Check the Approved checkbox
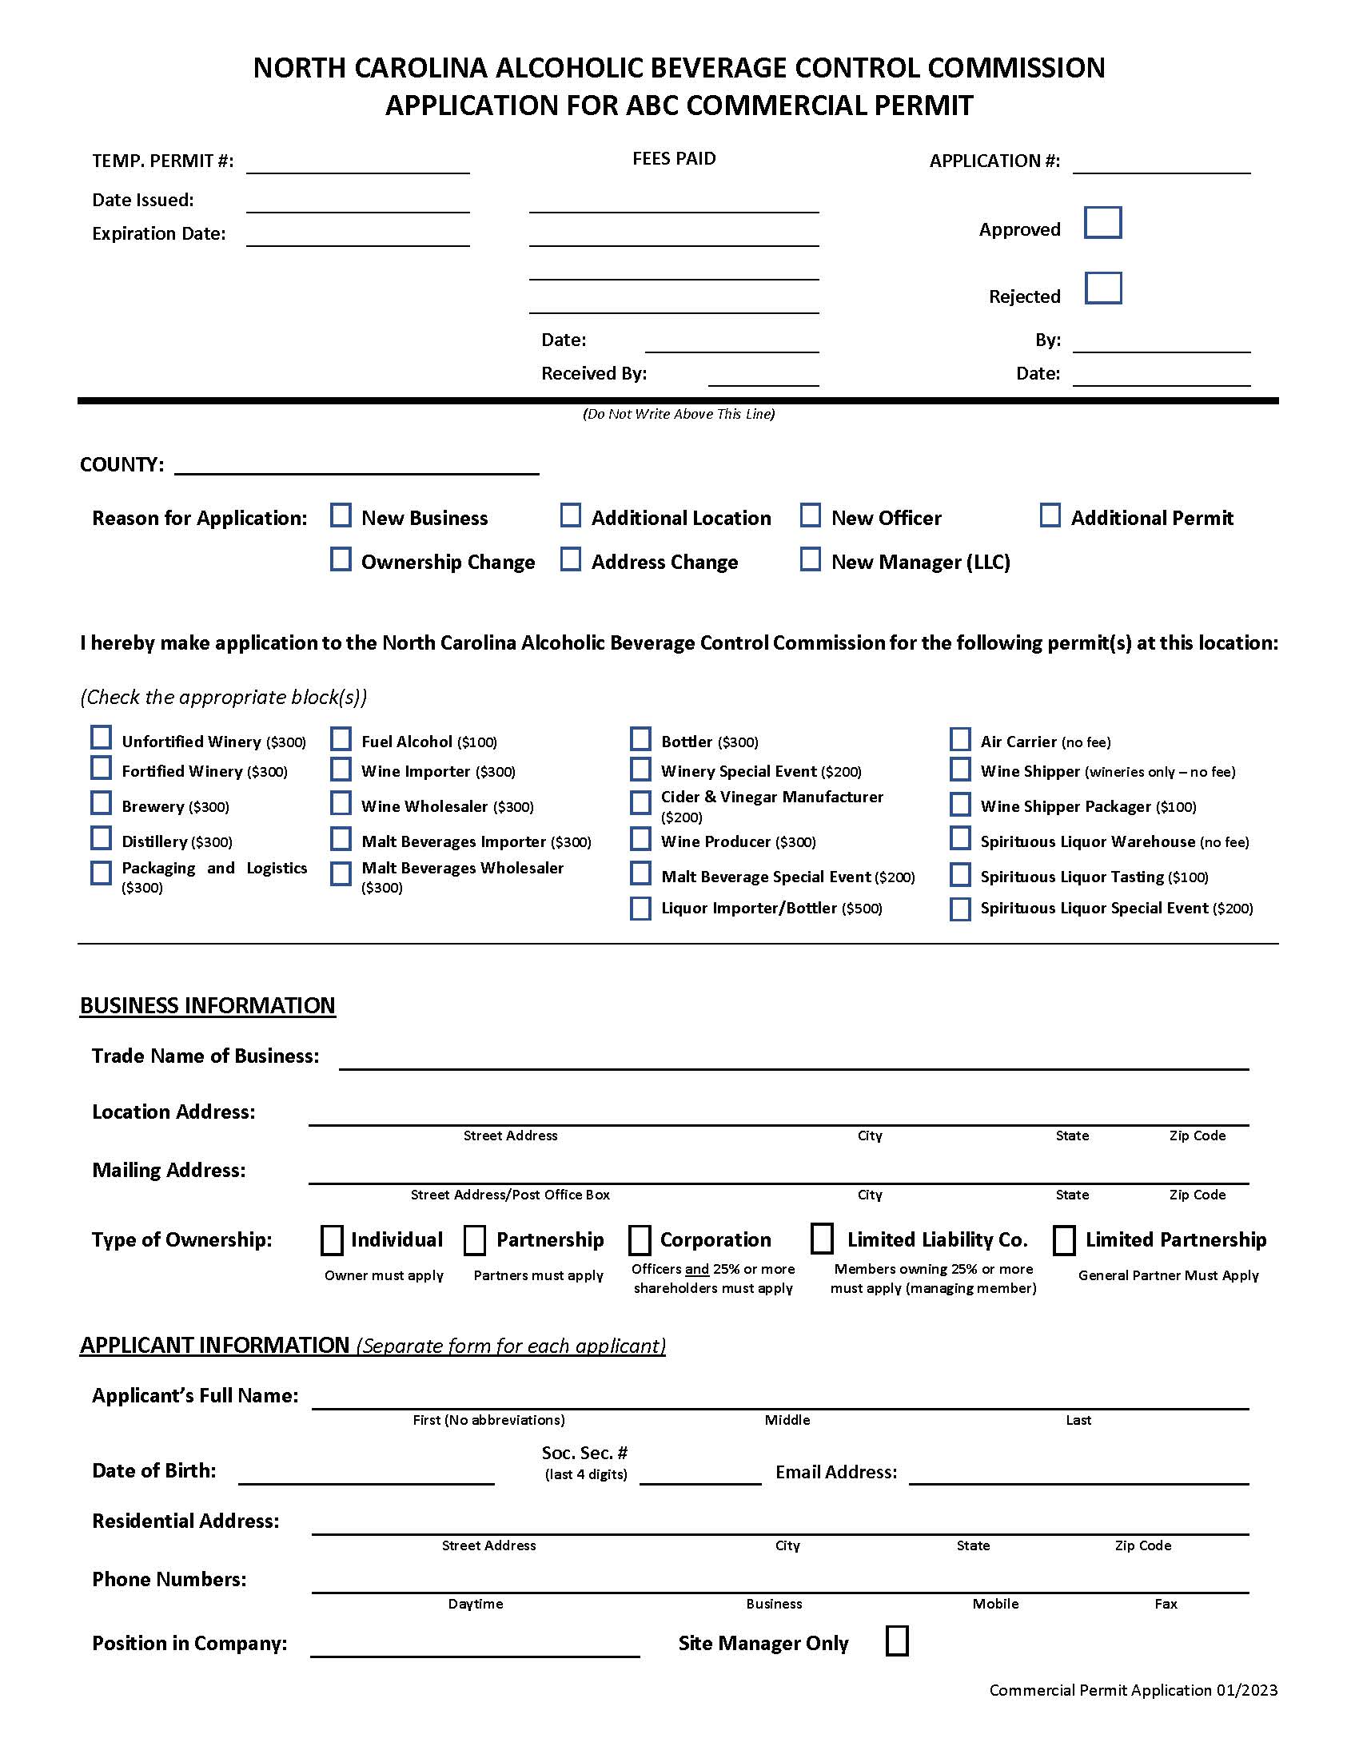point(1102,223)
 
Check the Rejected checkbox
point(1102,288)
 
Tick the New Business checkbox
point(341,515)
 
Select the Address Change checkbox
point(570,559)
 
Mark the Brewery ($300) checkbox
point(101,803)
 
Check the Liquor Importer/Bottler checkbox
point(640,909)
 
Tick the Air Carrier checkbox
point(959,739)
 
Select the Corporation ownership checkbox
point(640,1240)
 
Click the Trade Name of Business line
point(793,1060)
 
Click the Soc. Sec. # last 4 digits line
point(699,1474)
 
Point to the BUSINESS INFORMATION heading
point(207,1005)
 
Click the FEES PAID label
point(673,158)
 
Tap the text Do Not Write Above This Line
point(678,414)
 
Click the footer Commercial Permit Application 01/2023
point(1133,1690)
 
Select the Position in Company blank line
point(474,1647)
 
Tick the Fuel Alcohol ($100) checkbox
point(341,739)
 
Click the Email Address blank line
point(1078,1474)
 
